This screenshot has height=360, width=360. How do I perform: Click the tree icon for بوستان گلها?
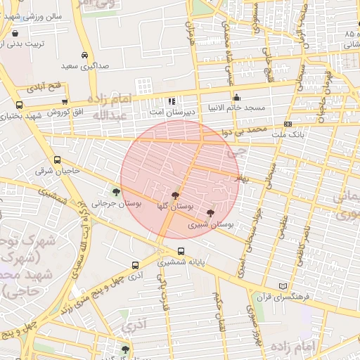(175, 195)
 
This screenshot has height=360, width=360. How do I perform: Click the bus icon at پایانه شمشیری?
(181, 251)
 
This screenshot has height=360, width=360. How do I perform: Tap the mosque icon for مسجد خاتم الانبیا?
(236, 98)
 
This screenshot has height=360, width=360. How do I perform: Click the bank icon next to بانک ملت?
(288, 124)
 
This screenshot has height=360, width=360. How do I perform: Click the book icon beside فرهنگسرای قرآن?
(283, 287)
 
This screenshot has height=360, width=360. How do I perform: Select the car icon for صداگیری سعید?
(84, 56)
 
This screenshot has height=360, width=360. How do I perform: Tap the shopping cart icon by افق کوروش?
(65, 102)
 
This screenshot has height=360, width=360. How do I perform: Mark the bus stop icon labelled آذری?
(134, 266)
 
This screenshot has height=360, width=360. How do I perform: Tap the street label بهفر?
(243, 181)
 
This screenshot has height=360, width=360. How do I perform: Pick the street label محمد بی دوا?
(243, 131)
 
